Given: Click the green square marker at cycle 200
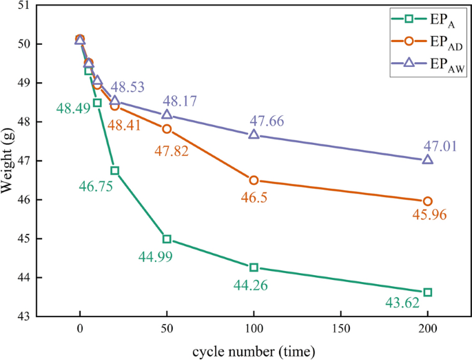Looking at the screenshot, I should click(x=427, y=292).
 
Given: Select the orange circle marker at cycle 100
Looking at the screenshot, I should click(x=254, y=180).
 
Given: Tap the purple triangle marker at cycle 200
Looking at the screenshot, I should click(x=427, y=159).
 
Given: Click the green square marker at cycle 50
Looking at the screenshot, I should click(x=167, y=239).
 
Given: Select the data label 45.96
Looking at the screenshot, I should click(x=429, y=214).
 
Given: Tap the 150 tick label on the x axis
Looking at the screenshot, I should click(x=340, y=330).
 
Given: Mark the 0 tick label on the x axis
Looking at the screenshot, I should click(x=80, y=330).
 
